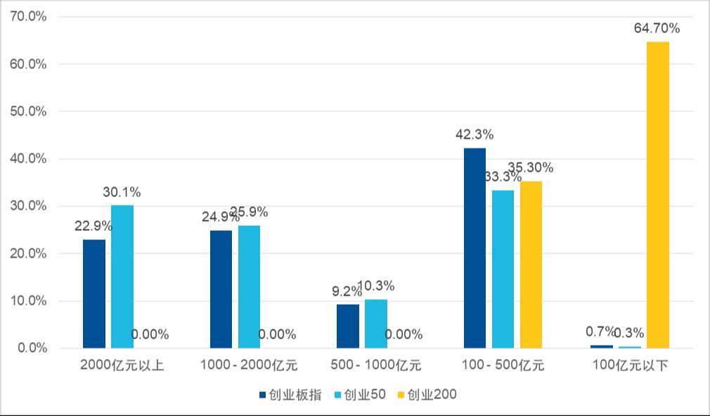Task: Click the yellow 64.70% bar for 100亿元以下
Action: pyautogui.click(x=658, y=195)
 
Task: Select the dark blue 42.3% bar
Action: pyautogui.click(x=475, y=248)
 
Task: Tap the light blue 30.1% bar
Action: pyautogui.click(x=122, y=277)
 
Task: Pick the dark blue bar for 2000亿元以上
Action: pyautogui.click(x=94, y=294)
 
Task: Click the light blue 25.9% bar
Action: pyautogui.click(x=249, y=286)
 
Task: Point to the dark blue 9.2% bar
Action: pyautogui.click(x=348, y=326)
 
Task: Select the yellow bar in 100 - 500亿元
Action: pyautogui.click(x=531, y=265)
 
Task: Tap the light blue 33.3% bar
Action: pyautogui.click(x=503, y=269)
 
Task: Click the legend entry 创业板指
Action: pyautogui.click(x=289, y=395)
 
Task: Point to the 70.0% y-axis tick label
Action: pyautogui.click(x=29, y=16)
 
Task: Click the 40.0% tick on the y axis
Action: pyautogui.click(x=29, y=159)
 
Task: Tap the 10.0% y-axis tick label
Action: pyautogui.click(x=29, y=301)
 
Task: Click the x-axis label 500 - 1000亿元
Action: pyautogui.click(x=376, y=365)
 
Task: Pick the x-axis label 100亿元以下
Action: pyautogui.click(x=630, y=365)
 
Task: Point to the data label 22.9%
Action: pyautogui.click(x=93, y=226)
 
